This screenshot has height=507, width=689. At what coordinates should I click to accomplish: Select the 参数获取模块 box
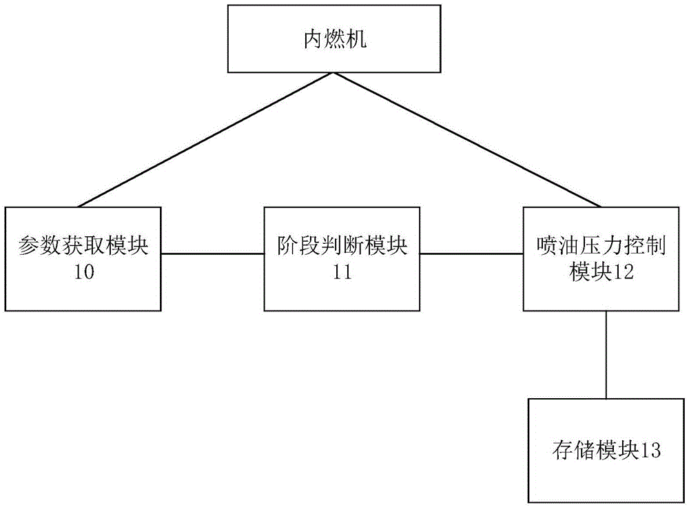click(x=83, y=257)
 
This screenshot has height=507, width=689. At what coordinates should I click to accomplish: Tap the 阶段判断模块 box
click(x=342, y=257)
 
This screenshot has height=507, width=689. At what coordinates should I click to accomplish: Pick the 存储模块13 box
click(x=606, y=450)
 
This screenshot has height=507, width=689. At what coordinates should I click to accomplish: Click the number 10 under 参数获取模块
click(x=83, y=272)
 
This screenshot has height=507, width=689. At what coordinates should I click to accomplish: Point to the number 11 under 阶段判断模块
click(x=342, y=272)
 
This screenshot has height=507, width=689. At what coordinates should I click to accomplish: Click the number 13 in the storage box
click(x=650, y=451)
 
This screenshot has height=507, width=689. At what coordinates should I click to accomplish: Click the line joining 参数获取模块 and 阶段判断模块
click(x=213, y=253)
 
